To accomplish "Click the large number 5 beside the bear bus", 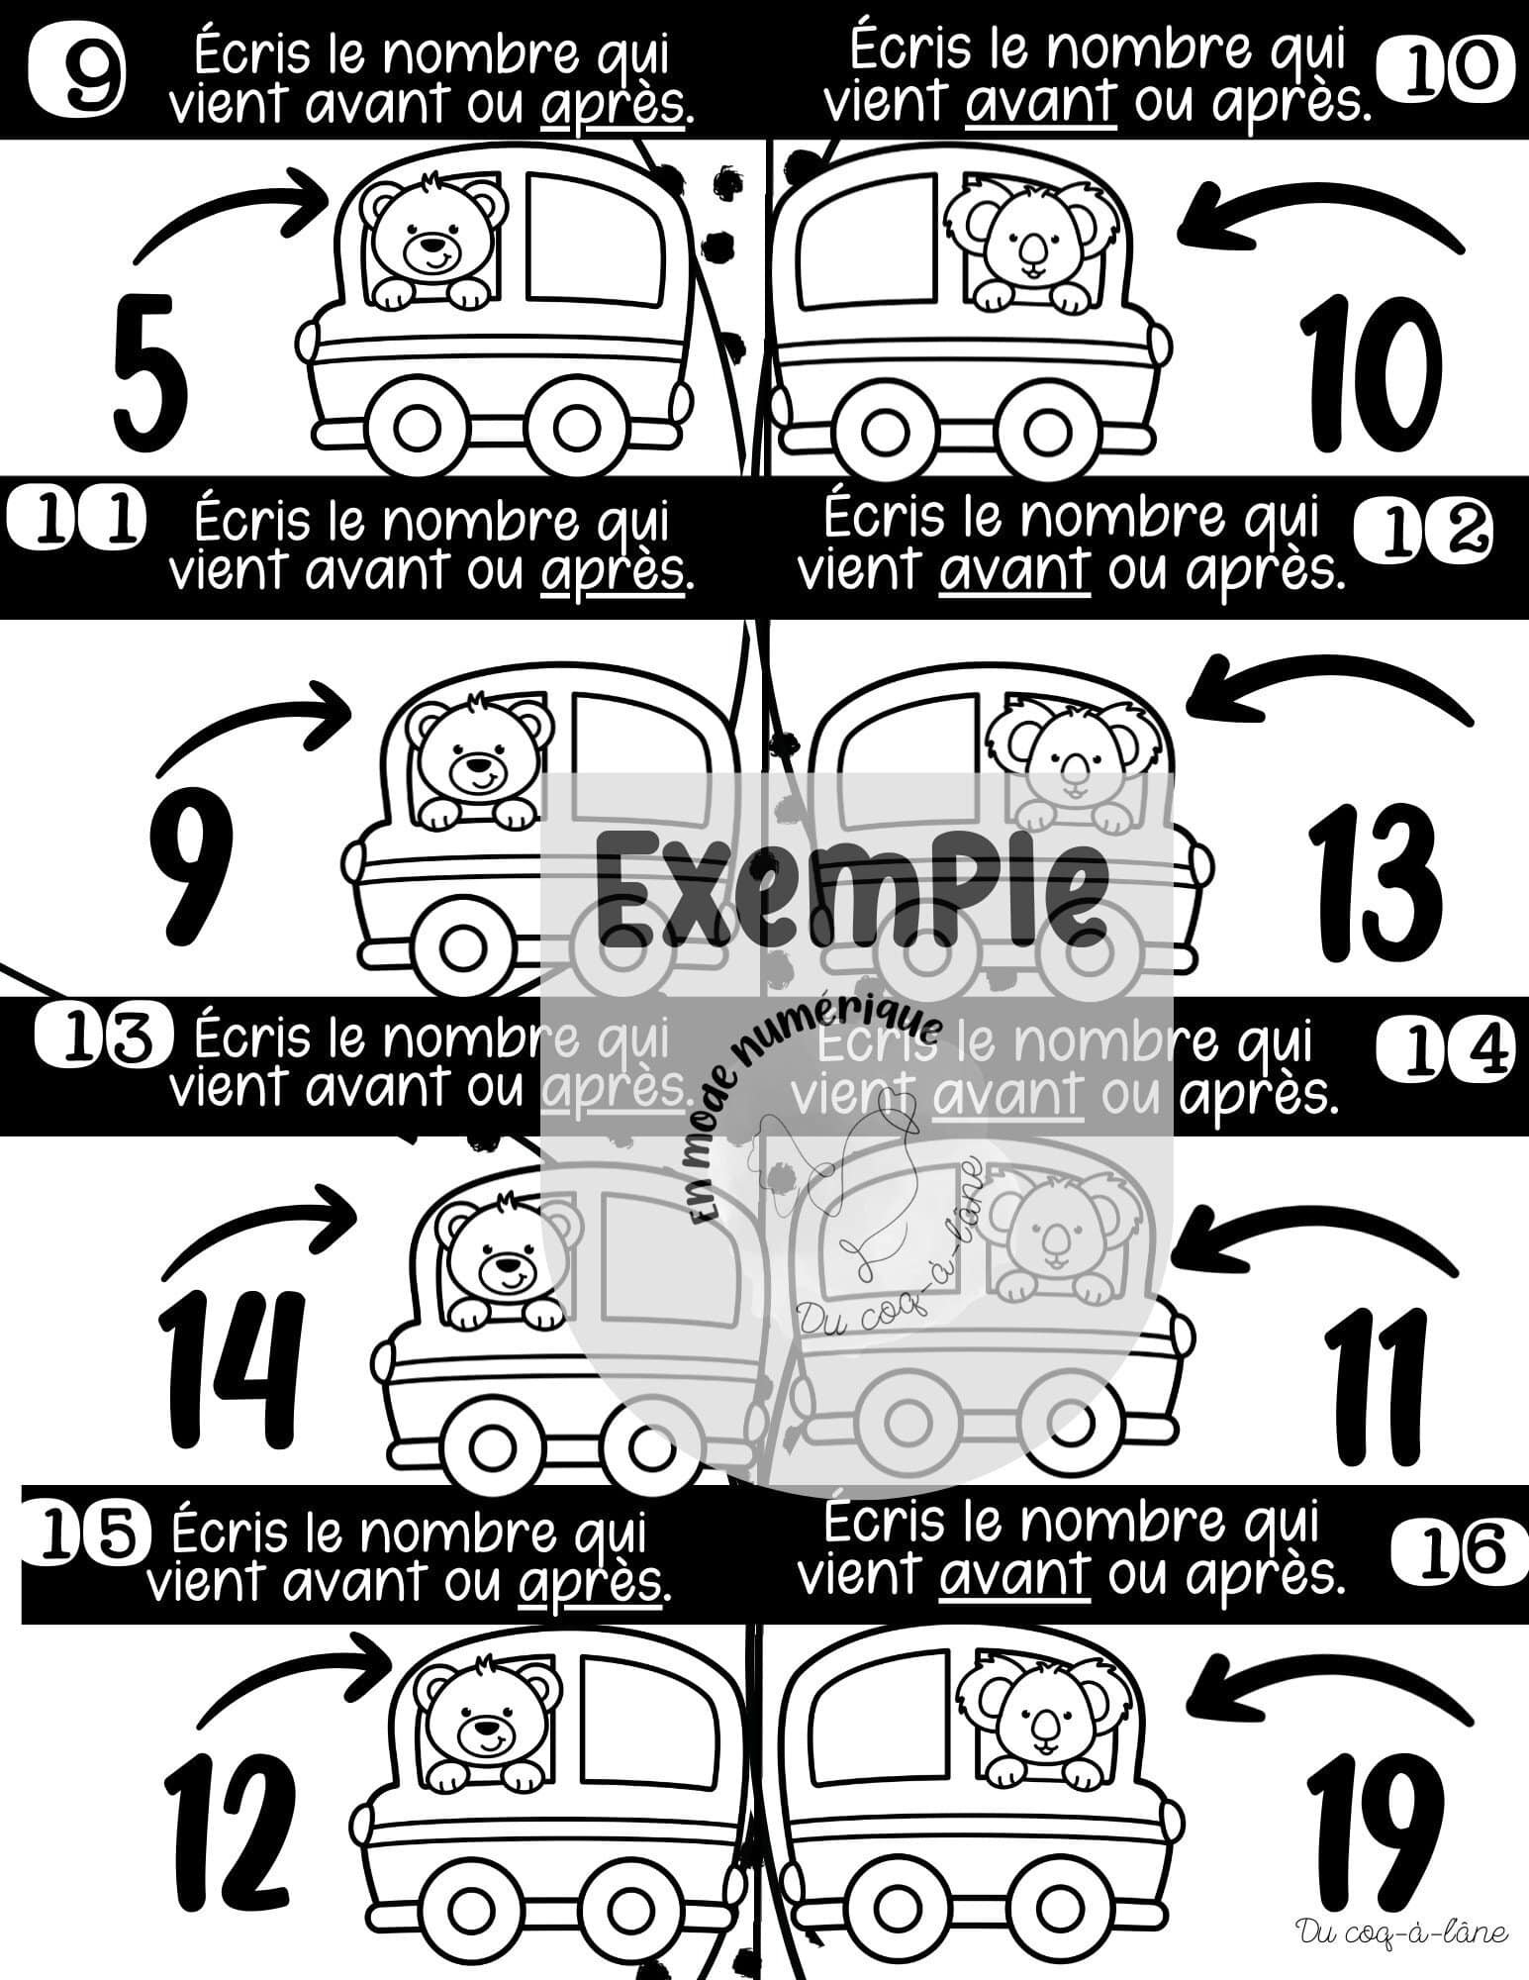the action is point(149,367).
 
